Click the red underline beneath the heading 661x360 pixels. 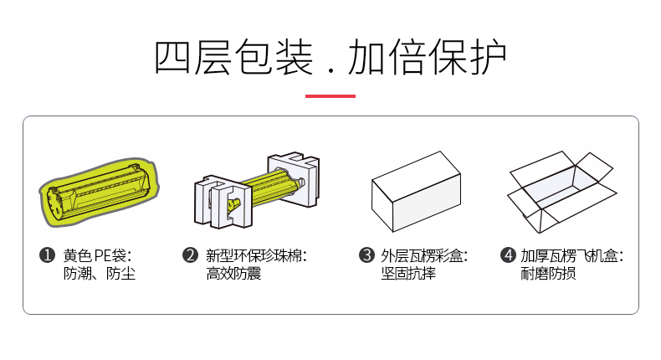coord(330,96)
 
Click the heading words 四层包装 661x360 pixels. coord(233,58)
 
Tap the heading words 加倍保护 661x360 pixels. coord(427,58)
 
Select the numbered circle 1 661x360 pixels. coord(47,255)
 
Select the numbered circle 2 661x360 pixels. coord(190,255)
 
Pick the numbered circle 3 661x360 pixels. coord(366,255)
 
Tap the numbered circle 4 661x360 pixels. coord(509,255)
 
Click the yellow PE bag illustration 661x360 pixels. coord(99,192)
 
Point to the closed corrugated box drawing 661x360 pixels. coord(416,192)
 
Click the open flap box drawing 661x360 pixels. coord(562,192)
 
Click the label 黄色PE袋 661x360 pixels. coord(95,255)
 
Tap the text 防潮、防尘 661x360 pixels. coord(100,274)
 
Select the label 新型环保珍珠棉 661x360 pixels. coord(254,255)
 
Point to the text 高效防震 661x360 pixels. coord(233,274)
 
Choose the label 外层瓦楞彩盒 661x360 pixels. coord(422,255)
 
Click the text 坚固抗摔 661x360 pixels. coord(408,274)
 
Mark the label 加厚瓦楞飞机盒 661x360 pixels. coord(570,255)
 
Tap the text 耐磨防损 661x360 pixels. coord(548,274)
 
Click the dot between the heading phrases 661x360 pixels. coord(331,70)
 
